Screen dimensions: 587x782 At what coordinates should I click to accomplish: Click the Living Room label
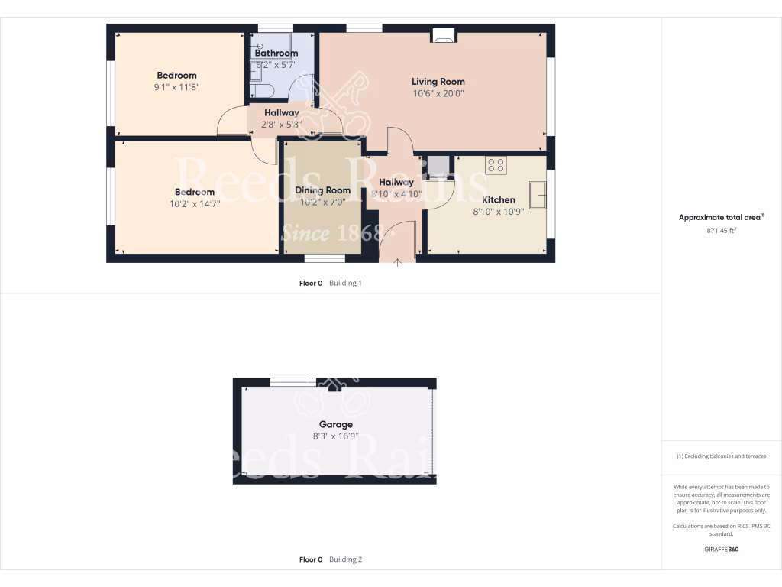pos(438,82)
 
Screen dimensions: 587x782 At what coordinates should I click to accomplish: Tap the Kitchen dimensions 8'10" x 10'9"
pos(498,212)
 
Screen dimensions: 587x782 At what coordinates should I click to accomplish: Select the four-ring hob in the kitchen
pos(496,165)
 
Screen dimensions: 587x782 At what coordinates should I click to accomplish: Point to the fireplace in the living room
pos(443,34)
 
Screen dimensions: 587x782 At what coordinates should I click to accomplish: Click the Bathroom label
pos(276,54)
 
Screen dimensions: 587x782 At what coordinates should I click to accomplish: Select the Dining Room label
pos(322,190)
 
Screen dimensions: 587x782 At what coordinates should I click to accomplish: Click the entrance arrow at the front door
pos(397,264)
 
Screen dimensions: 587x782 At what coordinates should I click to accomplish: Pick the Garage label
pos(335,425)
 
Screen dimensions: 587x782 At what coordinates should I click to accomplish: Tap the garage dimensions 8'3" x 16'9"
pos(335,436)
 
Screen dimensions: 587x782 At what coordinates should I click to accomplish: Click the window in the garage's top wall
pos(293,381)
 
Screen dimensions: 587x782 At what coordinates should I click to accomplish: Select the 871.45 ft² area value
pos(722,229)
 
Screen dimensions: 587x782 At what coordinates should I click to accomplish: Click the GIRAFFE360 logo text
pos(722,549)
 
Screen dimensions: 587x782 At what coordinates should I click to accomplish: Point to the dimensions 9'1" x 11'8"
pos(176,87)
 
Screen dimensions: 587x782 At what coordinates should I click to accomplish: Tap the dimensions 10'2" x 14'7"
pos(194,204)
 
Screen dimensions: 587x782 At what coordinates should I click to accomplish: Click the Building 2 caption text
pos(345,559)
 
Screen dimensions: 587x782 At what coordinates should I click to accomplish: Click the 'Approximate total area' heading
pos(721,218)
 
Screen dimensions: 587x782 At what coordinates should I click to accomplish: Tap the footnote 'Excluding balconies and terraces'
pos(722,456)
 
